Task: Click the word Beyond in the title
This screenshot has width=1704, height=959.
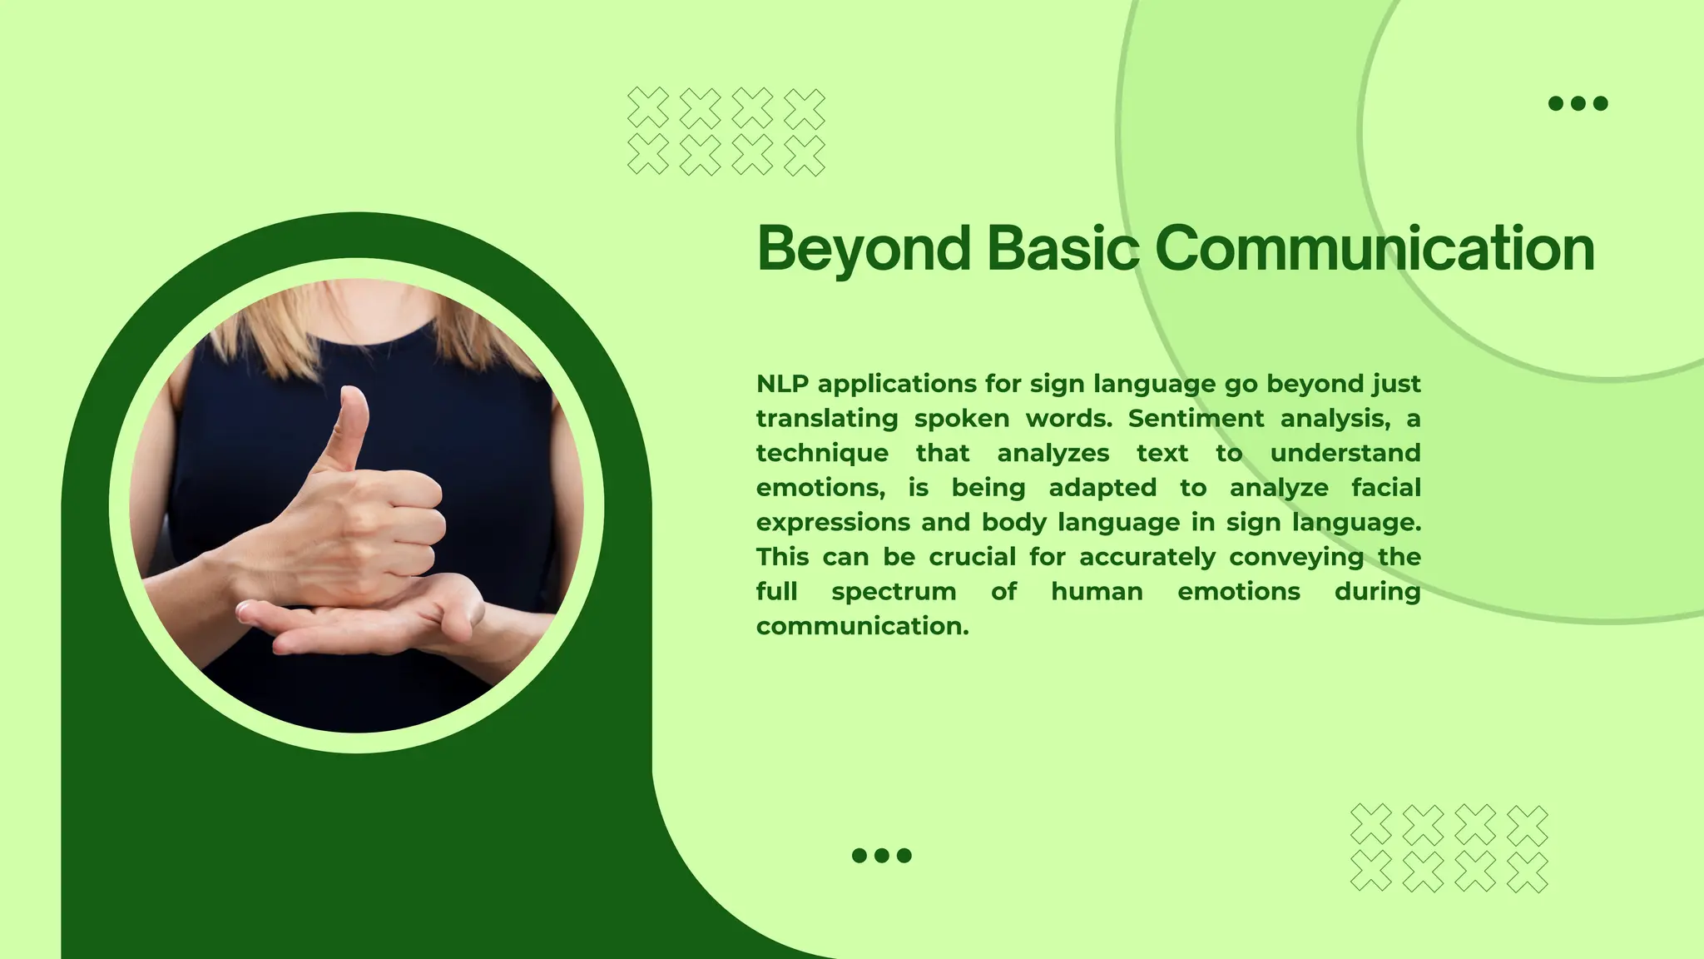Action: pos(864,248)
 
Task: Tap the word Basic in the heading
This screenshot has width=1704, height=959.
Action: pos(1063,248)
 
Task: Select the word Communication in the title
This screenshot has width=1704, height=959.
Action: pos(1375,248)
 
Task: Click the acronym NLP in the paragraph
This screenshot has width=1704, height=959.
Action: pos(782,384)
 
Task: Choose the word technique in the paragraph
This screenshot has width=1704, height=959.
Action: pos(822,453)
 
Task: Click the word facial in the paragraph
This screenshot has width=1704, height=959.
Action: pos(1385,488)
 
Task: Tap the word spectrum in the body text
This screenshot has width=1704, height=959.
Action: pos(894,592)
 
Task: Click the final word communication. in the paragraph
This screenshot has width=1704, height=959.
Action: pos(862,626)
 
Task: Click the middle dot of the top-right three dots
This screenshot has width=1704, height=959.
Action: pos(1578,103)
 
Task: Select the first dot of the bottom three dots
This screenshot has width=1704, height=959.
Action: pos(859,855)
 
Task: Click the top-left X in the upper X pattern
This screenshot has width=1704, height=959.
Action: pos(647,107)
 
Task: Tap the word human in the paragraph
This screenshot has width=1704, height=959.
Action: pos(1097,592)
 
